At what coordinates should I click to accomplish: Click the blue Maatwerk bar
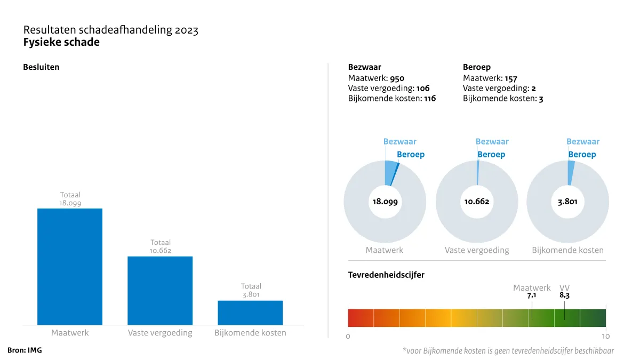pos(70,266)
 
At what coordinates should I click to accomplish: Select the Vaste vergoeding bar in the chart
pos(160,290)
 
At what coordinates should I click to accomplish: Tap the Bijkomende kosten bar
pos(250,313)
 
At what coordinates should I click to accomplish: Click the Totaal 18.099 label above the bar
pos(70,199)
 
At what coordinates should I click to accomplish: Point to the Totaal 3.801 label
pos(251,290)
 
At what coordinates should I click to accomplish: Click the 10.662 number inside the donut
pos(477,202)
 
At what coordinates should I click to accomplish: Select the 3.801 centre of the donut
pos(567,202)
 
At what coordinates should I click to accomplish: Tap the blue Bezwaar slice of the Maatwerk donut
pos(391,172)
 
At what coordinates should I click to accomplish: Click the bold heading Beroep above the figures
pos(477,67)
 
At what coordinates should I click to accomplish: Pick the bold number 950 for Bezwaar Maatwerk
pos(397,78)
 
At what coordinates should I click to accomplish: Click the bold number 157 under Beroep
pos(510,78)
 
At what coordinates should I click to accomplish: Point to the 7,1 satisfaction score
pos(532,295)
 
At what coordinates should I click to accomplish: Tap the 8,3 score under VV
pos(564,295)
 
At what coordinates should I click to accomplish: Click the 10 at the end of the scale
pos(605,337)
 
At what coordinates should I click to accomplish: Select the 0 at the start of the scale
pos(348,337)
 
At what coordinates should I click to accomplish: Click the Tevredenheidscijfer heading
pos(386,275)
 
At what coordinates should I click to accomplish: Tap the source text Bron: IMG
pos(25,350)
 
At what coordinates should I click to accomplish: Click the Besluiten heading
pos(41,67)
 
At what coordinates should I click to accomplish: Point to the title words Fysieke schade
pos(61,43)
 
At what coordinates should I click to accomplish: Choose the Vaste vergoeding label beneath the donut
pos(477,250)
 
